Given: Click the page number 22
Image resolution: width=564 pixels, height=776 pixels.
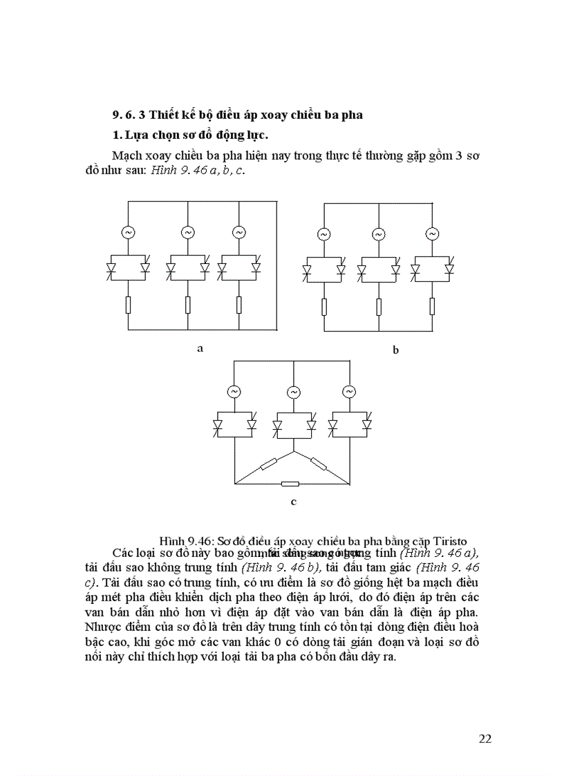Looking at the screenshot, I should [x=485, y=739].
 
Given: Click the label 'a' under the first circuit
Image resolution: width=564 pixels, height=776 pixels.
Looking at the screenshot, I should [x=200, y=348].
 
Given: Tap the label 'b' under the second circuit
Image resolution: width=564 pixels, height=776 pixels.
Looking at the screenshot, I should [x=395, y=350].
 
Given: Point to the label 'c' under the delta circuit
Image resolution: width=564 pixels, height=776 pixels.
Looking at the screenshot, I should [x=294, y=502].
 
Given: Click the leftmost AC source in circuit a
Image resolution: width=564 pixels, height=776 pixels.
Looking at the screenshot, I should [x=129, y=233].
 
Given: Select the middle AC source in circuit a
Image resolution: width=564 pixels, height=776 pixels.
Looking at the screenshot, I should [x=187, y=233].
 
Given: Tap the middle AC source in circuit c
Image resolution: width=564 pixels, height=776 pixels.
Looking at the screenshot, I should [x=293, y=392].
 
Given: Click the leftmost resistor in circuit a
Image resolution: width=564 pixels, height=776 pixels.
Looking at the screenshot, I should [x=129, y=305].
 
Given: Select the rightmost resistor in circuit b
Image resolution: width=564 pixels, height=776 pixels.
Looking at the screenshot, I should [x=433, y=306].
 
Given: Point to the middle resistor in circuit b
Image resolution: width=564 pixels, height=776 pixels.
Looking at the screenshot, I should [x=379, y=306].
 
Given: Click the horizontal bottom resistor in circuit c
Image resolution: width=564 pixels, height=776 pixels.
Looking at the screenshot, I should [x=290, y=483].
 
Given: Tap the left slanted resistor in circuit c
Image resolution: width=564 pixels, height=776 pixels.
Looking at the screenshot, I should [x=266, y=464].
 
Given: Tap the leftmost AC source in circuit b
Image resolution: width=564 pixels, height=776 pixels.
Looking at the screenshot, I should [x=323, y=235].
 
